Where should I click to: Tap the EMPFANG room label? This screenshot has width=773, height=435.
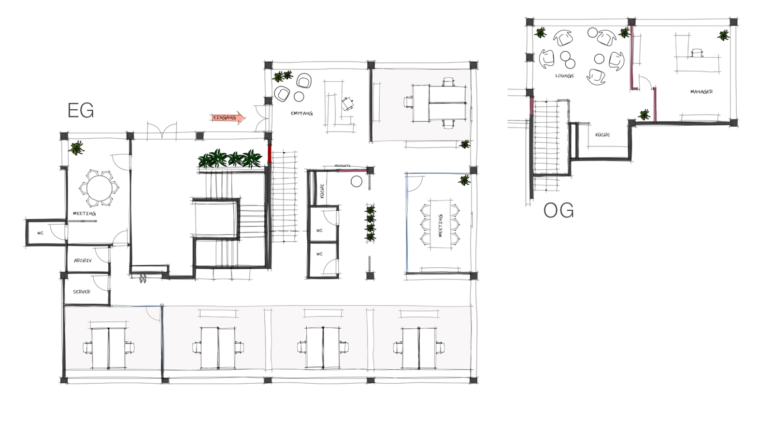click(x=301, y=114)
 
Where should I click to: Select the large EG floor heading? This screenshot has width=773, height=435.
click(x=81, y=111)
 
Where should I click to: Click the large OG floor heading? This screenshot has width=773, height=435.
click(x=558, y=210)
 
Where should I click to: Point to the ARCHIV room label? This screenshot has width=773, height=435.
click(x=83, y=261)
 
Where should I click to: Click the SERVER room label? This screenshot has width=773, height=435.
click(x=82, y=292)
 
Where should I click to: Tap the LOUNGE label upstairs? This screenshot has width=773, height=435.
click(x=564, y=76)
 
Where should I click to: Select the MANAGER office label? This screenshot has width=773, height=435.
click(x=701, y=91)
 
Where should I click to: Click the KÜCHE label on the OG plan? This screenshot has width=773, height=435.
click(x=602, y=135)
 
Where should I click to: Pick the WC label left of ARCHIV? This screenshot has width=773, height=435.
click(x=41, y=233)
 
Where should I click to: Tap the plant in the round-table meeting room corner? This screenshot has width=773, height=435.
click(x=76, y=147)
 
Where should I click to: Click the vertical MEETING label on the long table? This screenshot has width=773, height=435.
click(x=440, y=226)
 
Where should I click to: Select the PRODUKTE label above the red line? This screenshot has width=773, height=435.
click(x=342, y=166)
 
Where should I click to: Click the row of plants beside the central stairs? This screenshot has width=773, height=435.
click(x=230, y=159)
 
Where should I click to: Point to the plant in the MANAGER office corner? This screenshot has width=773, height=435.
click(x=723, y=35)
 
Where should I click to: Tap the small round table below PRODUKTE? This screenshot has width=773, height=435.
click(x=357, y=181)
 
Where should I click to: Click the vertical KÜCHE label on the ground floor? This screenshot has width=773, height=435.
click(x=322, y=191)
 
